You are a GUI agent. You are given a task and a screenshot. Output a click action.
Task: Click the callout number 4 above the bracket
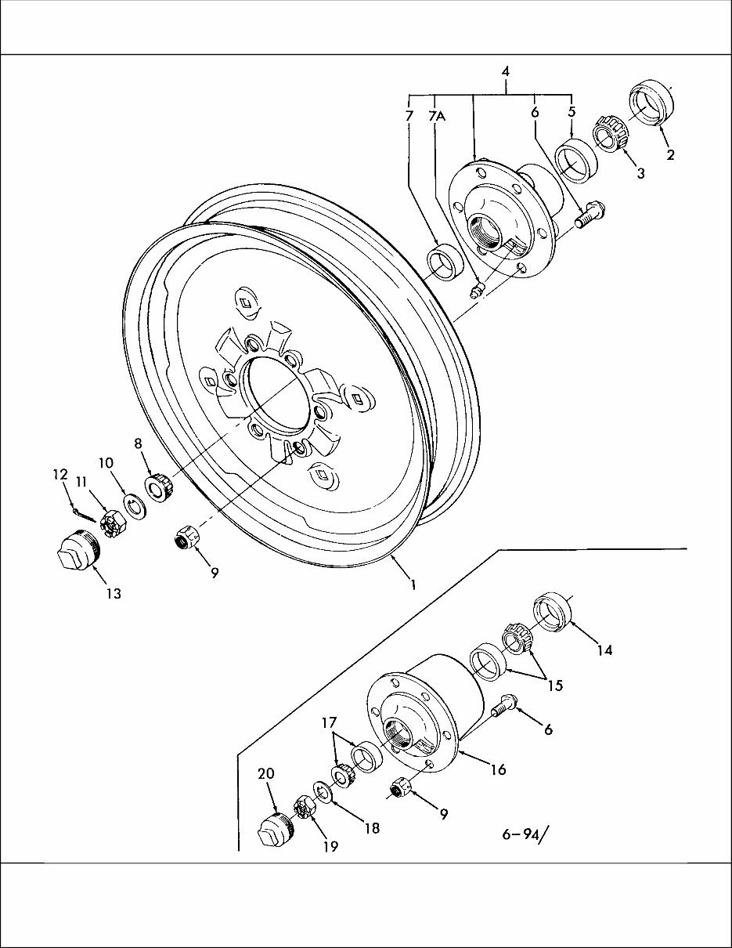pos(506,71)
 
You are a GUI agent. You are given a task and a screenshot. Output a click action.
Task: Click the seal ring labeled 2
pos(651,103)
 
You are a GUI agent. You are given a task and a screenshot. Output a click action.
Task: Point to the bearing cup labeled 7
pos(443,262)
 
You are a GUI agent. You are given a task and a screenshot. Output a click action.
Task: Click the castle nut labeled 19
pos(304,807)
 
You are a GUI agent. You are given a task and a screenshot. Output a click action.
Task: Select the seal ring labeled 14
pos(554,613)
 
